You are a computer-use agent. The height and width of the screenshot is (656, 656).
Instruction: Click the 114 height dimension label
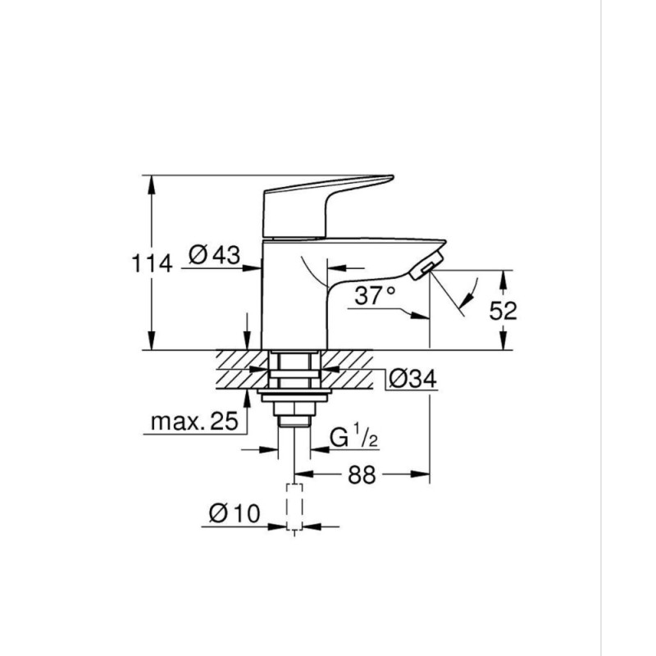click(x=153, y=264)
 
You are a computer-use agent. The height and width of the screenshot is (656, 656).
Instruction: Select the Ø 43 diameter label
click(x=214, y=255)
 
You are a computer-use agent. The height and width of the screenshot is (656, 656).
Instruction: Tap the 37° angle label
click(x=376, y=295)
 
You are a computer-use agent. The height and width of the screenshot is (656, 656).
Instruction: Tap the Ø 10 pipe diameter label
click(x=234, y=514)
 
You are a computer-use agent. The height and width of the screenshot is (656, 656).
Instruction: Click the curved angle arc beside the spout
click(x=467, y=295)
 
